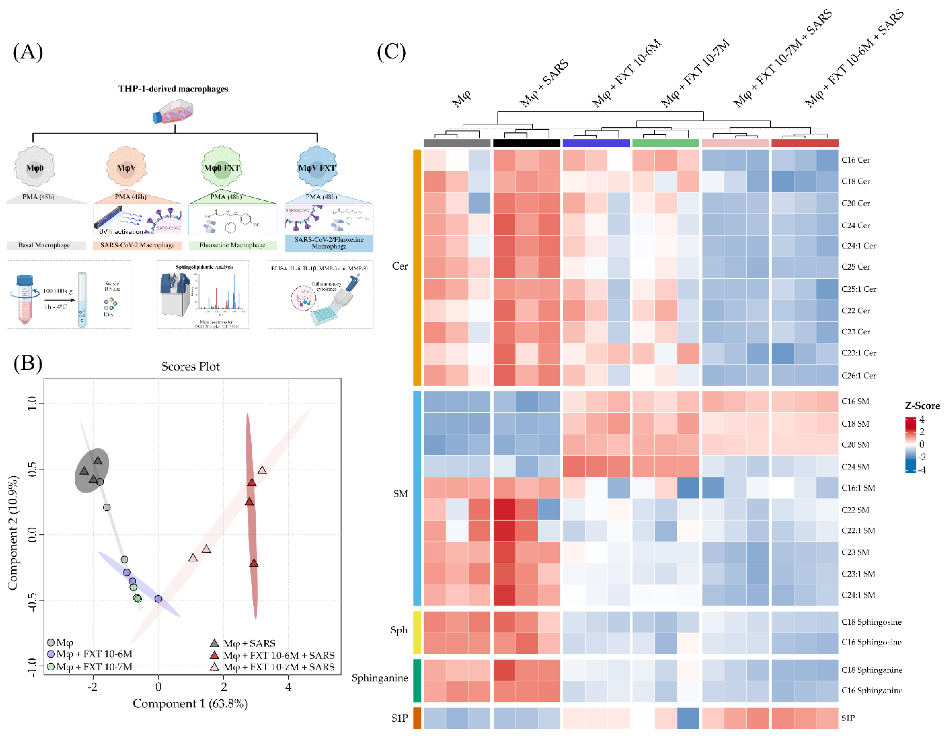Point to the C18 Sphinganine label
[871, 670]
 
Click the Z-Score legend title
[922, 406]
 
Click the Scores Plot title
[190, 367]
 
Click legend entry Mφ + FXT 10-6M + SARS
[278, 655]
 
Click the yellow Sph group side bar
[417, 632]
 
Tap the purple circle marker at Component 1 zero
[158, 599]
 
